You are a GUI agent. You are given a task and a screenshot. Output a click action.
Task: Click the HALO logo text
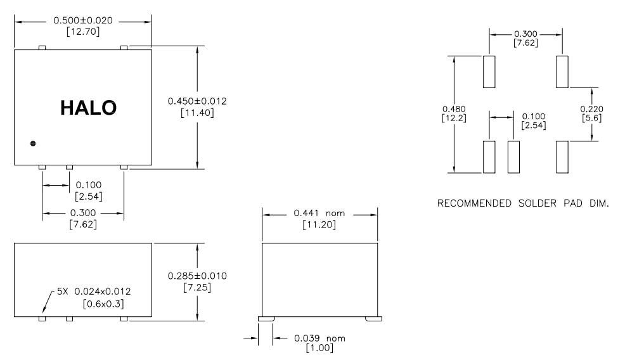[x=88, y=108]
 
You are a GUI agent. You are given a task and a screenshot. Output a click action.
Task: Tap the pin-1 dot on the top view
[x=33, y=144]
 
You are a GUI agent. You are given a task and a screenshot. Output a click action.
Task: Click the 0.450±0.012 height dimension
[x=197, y=101]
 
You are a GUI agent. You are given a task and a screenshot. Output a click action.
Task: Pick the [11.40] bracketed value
[x=197, y=113]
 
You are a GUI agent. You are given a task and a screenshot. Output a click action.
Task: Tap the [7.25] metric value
[x=197, y=287]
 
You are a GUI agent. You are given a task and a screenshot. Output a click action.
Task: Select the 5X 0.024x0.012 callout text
[x=94, y=292]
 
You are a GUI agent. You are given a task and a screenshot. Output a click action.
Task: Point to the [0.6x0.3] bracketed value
[x=104, y=304]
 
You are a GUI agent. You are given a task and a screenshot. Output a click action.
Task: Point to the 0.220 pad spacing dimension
[x=591, y=108]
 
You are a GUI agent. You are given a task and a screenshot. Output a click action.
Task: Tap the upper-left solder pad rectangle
[x=489, y=72]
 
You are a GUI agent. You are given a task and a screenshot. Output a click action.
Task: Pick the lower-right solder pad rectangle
[x=562, y=157]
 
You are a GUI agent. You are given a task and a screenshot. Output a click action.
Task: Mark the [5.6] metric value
[x=591, y=119]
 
